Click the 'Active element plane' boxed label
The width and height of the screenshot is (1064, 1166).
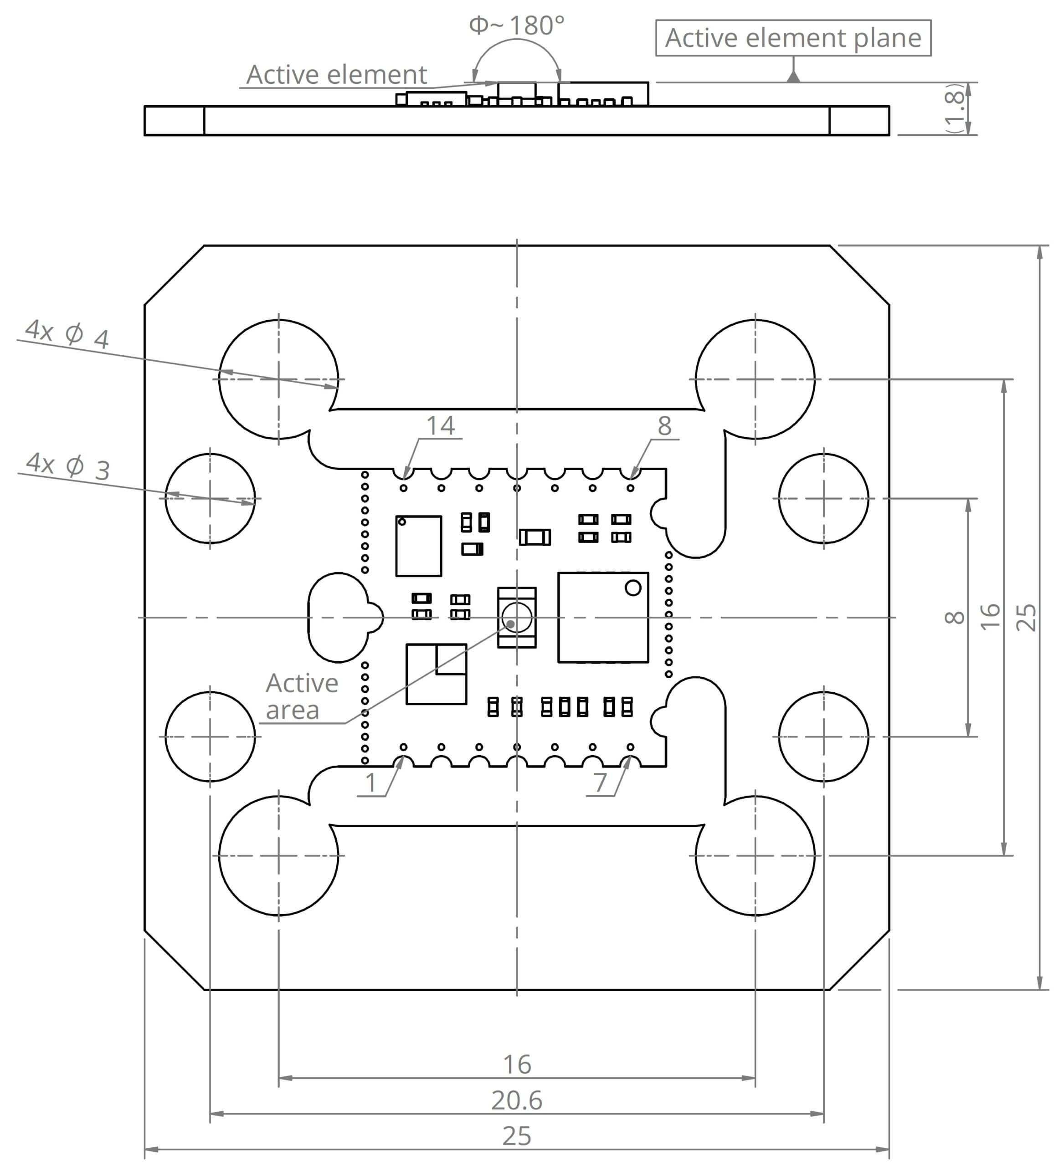pyautogui.click(x=793, y=38)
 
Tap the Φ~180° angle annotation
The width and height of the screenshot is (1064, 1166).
pyautogui.click(x=516, y=26)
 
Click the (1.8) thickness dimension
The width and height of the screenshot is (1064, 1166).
pyautogui.click(x=955, y=109)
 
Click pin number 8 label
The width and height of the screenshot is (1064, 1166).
pyautogui.click(x=664, y=426)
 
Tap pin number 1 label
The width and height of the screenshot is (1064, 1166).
pyautogui.click(x=371, y=783)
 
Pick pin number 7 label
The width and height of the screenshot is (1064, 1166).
pyautogui.click(x=600, y=783)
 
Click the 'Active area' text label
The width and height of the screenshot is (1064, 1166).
pyautogui.click(x=302, y=696)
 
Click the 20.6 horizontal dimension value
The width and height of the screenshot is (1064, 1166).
pyautogui.click(x=517, y=1100)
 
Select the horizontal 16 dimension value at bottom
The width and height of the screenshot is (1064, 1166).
pyautogui.click(x=517, y=1064)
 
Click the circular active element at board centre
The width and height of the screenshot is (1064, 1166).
pyautogui.click(x=516, y=617)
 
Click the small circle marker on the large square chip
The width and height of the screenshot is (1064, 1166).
pyautogui.click(x=633, y=588)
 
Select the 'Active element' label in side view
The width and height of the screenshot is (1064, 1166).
pyautogui.click(x=336, y=75)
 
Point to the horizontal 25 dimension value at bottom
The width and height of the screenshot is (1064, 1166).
pyautogui.click(x=516, y=1136)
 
